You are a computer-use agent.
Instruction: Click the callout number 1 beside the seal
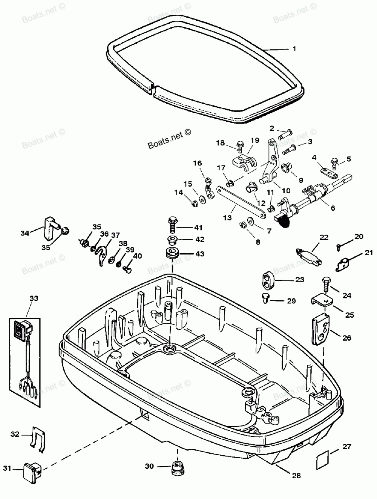coord(294,49)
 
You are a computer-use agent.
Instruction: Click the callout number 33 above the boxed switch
coord(34,298)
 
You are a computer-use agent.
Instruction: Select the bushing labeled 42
coord(172,240)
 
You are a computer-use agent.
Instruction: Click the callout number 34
coord(25,233)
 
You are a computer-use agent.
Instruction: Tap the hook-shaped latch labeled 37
coord(101,255)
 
